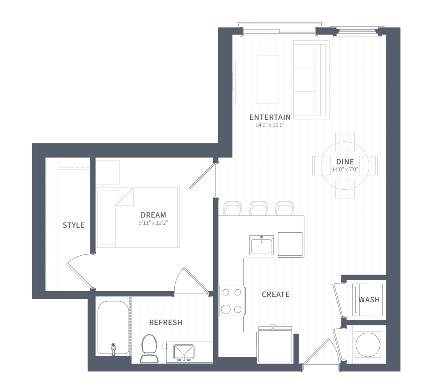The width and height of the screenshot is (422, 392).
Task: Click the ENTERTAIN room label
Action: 270,117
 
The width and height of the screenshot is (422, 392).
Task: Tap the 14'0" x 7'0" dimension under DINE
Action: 345,169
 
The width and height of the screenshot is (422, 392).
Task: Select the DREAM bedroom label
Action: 153,215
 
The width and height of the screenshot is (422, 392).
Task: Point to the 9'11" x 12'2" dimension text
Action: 153,223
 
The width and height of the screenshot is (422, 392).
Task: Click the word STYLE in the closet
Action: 74,225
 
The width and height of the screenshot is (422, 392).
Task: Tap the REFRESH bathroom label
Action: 166,322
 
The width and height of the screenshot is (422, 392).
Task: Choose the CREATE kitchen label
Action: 275,294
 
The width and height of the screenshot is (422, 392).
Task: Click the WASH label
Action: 369,300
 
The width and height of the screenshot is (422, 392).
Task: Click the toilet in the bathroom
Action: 149,349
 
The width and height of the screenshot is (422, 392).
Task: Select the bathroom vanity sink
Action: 184,352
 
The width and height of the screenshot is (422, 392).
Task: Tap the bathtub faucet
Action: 113,349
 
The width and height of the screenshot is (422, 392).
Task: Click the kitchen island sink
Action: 262,245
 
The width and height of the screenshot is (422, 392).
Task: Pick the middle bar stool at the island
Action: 259,208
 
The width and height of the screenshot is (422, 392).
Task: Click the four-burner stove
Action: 232,301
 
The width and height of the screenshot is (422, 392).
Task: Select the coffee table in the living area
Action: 267,80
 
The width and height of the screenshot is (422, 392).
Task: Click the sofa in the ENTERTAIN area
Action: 311,80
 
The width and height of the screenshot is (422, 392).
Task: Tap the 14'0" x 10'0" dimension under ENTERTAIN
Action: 270,125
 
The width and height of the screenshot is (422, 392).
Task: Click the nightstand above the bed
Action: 107,172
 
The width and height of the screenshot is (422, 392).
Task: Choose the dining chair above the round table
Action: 345,142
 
